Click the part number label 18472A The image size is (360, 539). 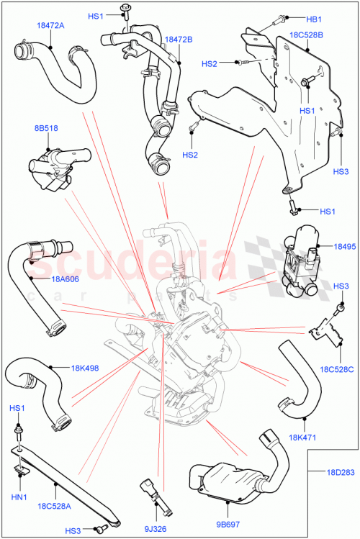(x=50, y=25)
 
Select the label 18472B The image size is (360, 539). (x=179, y=40)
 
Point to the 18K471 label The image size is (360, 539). (x=302, y=437)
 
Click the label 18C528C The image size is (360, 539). (x=336, y=369)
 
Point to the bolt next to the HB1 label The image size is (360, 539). (x=277, y=22)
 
